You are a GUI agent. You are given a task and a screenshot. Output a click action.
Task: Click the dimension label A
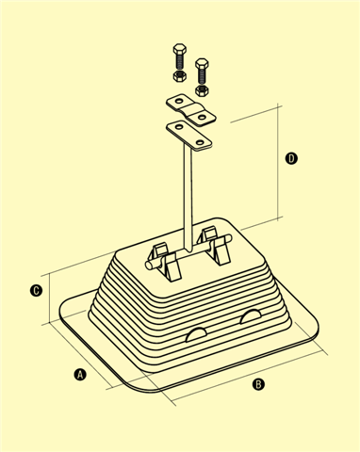coord(80,375)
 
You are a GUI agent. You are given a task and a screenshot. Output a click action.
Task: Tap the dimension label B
coord(258,384)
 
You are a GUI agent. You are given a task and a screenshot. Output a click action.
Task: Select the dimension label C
coord(36,290)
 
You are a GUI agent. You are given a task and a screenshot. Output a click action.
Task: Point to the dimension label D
coord(291,158)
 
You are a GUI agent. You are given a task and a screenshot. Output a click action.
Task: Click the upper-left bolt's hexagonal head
coord(180,49)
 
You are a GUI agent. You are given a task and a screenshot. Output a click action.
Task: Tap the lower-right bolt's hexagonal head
coord(202,63)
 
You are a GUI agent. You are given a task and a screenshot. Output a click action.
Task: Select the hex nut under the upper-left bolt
coord(180,76)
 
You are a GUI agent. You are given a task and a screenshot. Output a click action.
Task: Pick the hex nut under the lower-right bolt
coord(202,90)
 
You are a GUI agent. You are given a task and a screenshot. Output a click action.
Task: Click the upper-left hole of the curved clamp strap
coord(179,102)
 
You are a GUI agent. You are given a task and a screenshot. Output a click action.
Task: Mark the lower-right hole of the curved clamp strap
coord(202,118)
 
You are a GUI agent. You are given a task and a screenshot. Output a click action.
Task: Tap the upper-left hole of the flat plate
coord(179,127)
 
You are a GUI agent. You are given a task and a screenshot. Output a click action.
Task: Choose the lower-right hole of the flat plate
coord(200,143)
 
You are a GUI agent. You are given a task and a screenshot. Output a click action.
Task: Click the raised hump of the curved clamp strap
coord(190,110)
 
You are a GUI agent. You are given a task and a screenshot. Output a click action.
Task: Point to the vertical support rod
coord(188,199)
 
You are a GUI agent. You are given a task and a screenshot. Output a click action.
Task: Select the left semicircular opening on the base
coord(196,334)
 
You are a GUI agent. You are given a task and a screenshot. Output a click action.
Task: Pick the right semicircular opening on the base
coord(251,316)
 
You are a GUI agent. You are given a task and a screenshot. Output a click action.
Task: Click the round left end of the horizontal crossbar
coord(149,266)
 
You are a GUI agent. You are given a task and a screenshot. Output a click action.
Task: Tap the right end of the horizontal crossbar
coord(228,238)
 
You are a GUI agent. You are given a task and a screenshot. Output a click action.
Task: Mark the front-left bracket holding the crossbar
coord(172,266)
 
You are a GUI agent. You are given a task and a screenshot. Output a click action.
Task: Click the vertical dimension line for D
coord(278,162)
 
